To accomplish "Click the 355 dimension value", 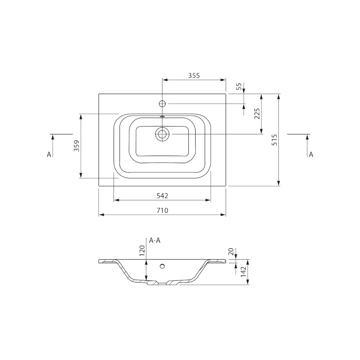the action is point(194,75).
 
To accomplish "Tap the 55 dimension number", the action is point(239,86).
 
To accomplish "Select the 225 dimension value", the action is point(257,114).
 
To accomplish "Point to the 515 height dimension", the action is point(274,140).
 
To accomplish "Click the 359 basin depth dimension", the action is point(76,146).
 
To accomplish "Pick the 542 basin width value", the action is point(162,196).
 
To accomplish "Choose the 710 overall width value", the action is point(162,210).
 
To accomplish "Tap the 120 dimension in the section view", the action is point(142,250).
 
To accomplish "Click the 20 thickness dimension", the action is point(231,252).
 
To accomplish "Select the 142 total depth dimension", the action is point(243,272).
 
